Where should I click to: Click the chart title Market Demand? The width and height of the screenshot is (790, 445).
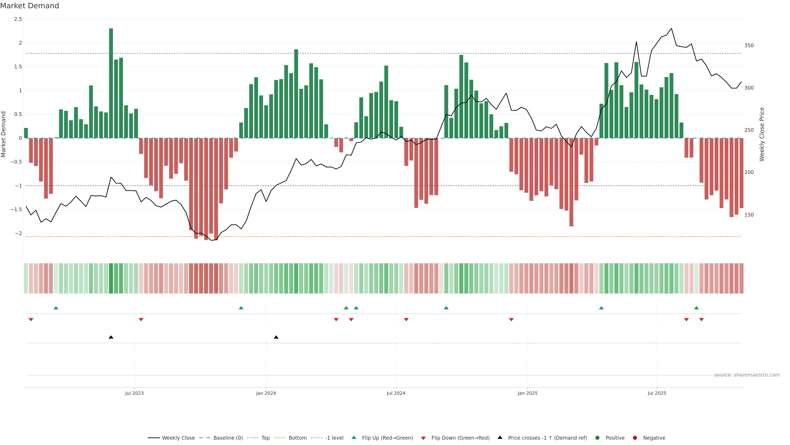pyautogui.click(x=29, y=6)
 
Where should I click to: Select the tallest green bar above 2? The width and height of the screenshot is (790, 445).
pyautogui.click(x=111, y=83)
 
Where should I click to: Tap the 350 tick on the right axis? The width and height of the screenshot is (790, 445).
pyautogui.click(x=749, y=46)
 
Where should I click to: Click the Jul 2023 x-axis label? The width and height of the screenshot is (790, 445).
pyautogui.click(x=134, y=393)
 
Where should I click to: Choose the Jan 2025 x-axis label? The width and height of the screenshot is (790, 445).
pyautogui.click(x=527, y=393)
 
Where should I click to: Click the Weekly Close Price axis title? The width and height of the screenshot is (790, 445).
pyautogui.click(x=762, y=134)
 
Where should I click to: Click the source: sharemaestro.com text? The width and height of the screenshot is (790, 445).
pyautogui.click(x=747, y=375)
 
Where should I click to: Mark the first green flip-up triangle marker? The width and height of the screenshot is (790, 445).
pyautogui.click(x=56, y=308)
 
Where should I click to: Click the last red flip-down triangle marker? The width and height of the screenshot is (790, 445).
pyautogui.click(x=701, y=320)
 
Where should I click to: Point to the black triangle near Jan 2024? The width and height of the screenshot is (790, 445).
pyautogui.click(x=276, y=337)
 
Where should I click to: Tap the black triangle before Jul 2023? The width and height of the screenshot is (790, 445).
pyautogui.click(x=111, y=337)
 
